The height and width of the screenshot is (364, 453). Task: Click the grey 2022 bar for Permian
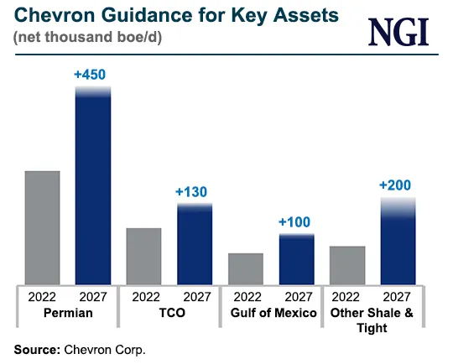(x=42, y=227)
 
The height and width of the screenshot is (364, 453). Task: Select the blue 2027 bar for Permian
(x=93, y=185)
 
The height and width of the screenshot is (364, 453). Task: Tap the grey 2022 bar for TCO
(x=143, y=256)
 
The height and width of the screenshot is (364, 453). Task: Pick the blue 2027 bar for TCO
(x=195, y=243)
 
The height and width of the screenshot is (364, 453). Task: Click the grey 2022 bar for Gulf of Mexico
(x=246, y=268)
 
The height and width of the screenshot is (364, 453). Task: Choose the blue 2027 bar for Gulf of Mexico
(x=296, y=258)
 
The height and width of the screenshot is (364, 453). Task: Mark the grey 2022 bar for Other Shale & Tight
(x=347, y=265)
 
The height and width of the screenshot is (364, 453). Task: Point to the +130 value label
(x=192, y=192)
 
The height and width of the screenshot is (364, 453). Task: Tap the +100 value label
(x=294, y=222)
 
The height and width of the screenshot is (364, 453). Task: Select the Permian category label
(x=68, y=313)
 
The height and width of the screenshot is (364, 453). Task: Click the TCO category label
(x=169, y=313)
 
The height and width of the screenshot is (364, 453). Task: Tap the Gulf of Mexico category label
(x=272, y=313)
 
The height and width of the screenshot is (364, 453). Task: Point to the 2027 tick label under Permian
(x=93, y=296)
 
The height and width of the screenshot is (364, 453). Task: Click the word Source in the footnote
(x=34, y=347)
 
